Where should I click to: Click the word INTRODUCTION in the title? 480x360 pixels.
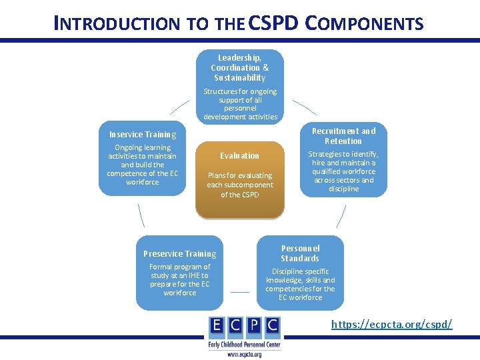click(x=117, y=24)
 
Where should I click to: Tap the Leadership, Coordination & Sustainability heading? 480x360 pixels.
click(x=239, y=67)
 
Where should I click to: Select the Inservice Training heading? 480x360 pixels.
click(x=143, y=134)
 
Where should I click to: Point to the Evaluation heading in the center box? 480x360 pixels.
click(x=239, y=155)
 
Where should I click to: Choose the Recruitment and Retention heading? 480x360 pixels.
click(x=343, y=136)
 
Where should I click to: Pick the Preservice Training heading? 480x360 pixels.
click(x=179, y=253)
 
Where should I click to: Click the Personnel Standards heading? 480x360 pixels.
click(x=300, y=253)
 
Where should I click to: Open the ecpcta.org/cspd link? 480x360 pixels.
click(x=392, y=324)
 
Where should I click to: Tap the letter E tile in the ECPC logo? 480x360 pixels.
click(x=215, y=325)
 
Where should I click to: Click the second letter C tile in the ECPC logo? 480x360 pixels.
click(x=272, y=325)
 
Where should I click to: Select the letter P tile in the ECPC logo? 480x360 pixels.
click(x=253, y=325)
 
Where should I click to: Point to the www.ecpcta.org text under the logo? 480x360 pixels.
click(x=244, y=355)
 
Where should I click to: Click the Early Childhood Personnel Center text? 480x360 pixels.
click(x=244, y=344)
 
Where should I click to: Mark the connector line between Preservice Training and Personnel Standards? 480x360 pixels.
click(x=240, y=291)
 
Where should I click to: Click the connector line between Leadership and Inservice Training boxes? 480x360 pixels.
click(x=179, y=107)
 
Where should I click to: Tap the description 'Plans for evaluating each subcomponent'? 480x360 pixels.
click(x=239, y=185)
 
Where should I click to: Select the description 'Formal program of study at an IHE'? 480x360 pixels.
click(x=179, y=279)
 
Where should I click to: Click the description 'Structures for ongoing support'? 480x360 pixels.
click(x=240, y=104)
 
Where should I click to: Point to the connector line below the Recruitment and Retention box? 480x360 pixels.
click(x=341, y=217)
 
